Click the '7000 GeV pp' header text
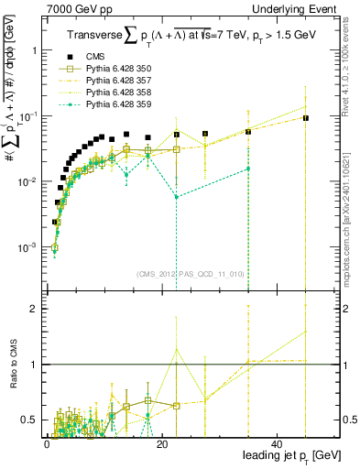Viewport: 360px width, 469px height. [74, 8]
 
